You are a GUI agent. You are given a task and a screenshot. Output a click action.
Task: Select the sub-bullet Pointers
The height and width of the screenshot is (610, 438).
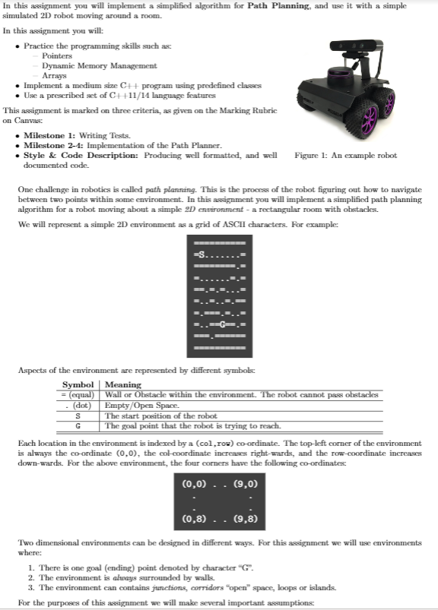coord(57,56)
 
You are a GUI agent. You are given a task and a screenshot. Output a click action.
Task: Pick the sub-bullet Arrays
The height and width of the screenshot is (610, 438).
coord(54,76)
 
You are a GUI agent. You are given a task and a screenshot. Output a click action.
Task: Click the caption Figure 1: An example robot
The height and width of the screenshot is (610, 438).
coord(344,156)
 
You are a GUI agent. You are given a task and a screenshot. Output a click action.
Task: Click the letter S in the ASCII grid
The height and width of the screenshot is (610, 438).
coord(202,254)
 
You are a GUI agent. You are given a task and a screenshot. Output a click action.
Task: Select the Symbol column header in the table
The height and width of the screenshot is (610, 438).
coord(78,385)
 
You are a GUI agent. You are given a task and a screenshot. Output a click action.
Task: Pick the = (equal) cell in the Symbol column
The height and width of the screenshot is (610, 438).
coord(78,395)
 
